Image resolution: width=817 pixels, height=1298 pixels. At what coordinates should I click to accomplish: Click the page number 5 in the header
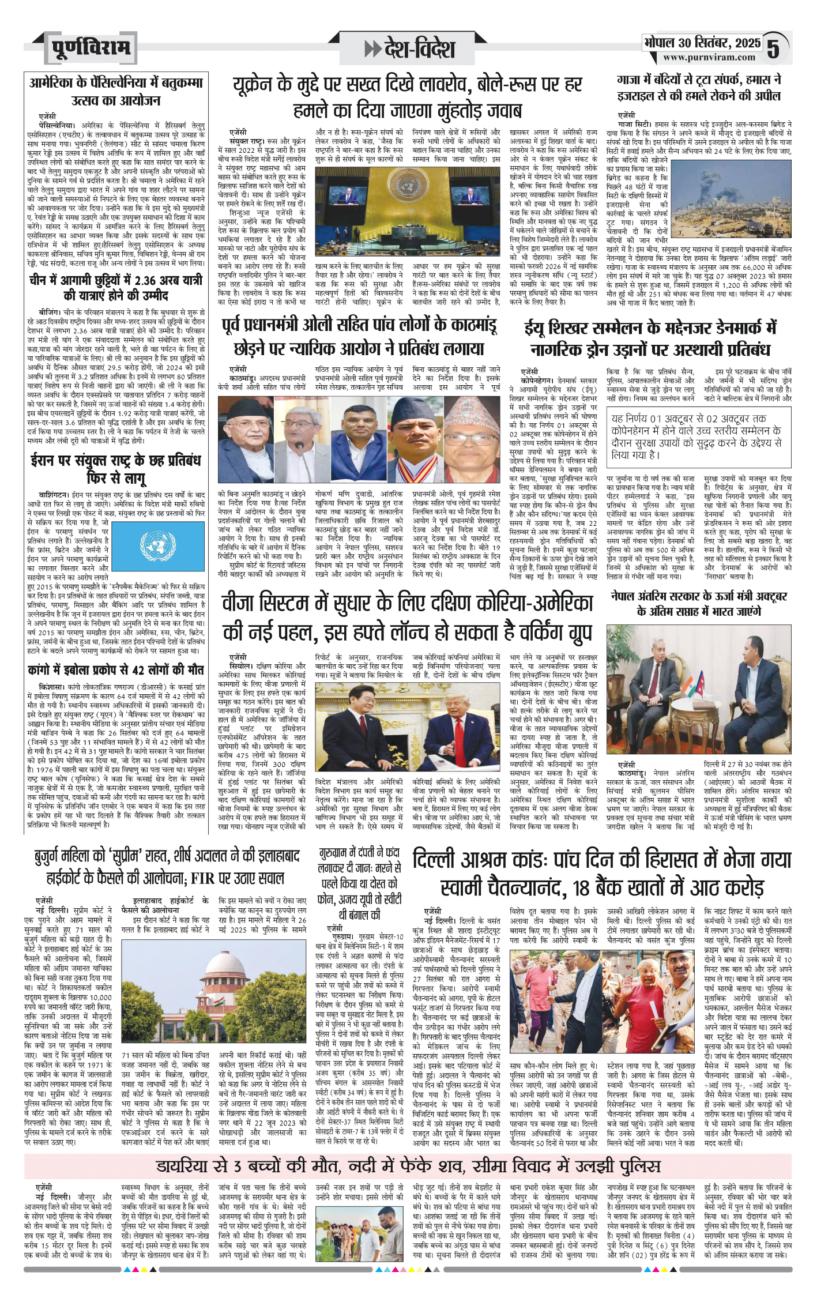[x=774, y=48]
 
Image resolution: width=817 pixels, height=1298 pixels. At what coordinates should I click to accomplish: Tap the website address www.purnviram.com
[x=709, y=58]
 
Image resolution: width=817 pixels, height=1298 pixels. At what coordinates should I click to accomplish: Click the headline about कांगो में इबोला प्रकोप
[x=115, y=670]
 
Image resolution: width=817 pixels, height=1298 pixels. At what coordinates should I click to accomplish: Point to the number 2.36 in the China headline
[x=152, y=280]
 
